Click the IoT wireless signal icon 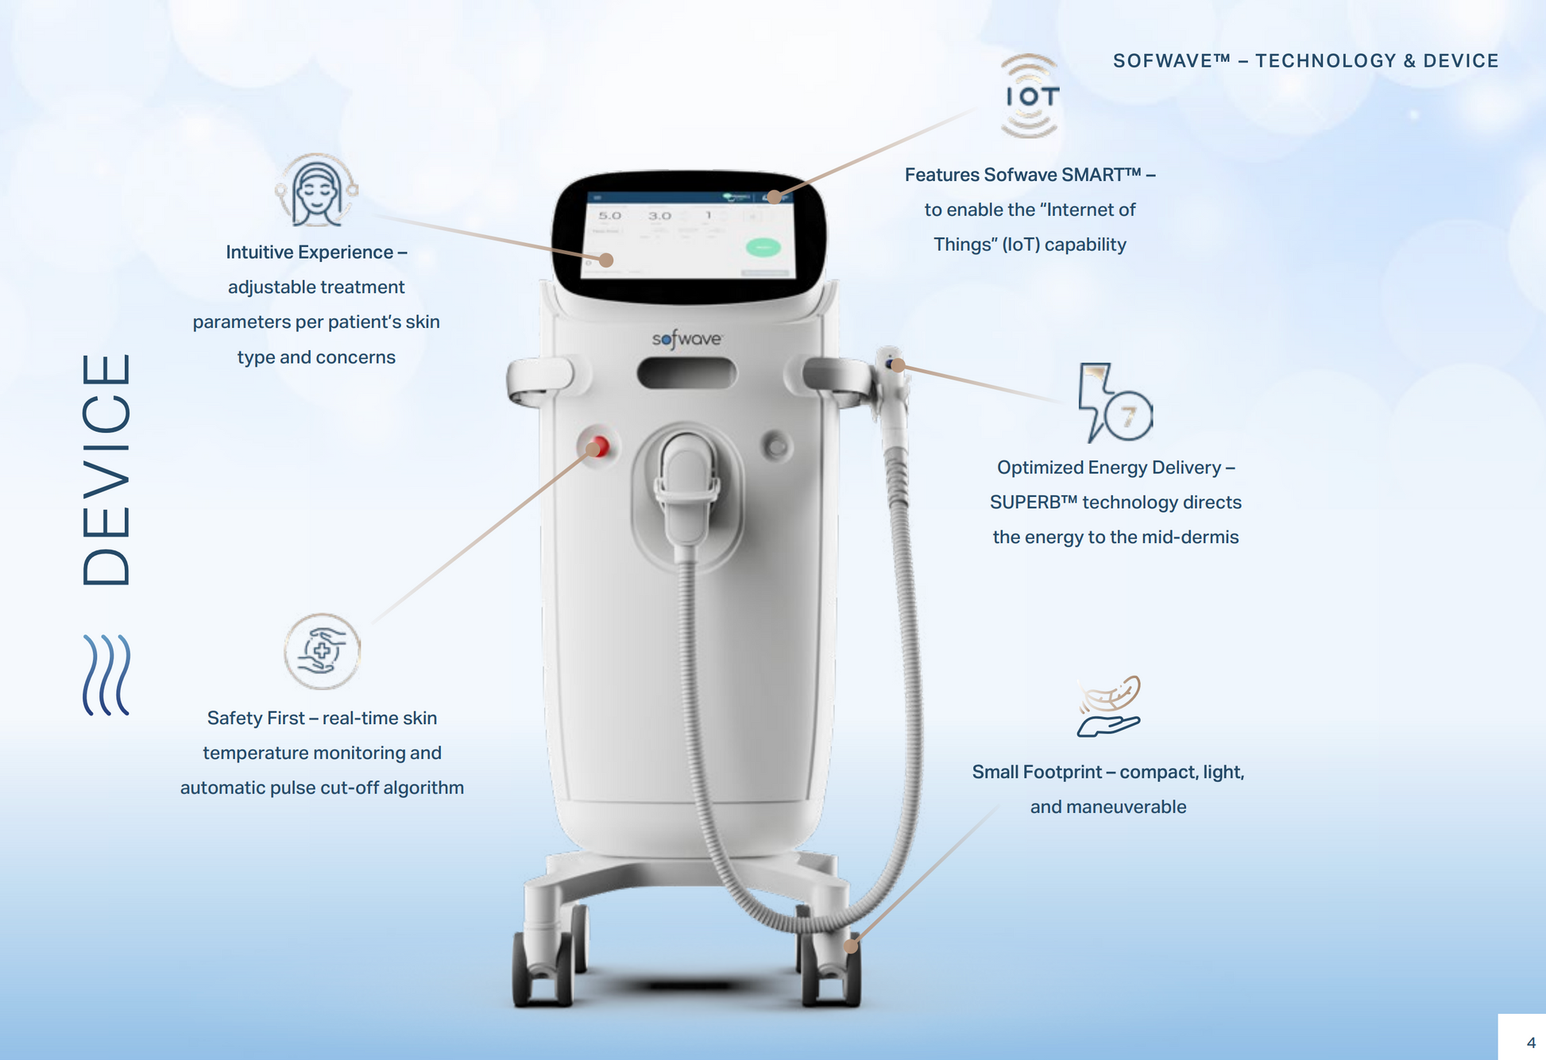tap(1030, 96)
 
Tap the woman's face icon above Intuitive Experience tap(317, 191)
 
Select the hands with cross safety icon tap(322, 652)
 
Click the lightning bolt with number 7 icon tap(1115, 403)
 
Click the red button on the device tap(598, 447)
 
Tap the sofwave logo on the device tap(687, 339)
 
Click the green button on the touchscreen tap(763, 248)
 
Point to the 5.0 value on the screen tap(609, 215)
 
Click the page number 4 tap(1531, 1043)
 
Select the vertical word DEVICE tap(106, 470)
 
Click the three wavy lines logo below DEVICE tap(106, 675)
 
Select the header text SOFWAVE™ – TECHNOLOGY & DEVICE tap(1305, 61)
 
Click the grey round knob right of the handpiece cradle tap(777, 446)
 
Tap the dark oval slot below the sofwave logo tap(686, 373)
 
